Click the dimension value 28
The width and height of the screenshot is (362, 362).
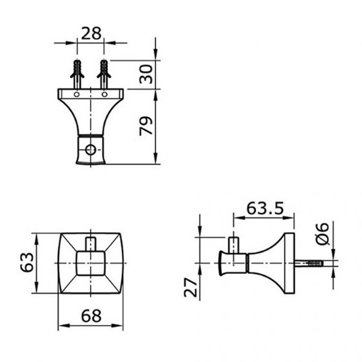(x=91, y=33)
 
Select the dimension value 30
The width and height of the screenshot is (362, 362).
(x=147, y=74)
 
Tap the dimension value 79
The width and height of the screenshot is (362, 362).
(x=147, y=126)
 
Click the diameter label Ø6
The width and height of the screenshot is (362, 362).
(x=322, y=234)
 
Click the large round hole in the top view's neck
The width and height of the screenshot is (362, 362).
(x=90, y=150)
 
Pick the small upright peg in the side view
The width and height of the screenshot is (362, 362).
(x=234, y=245)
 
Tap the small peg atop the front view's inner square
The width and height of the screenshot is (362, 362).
(x=90, y=244)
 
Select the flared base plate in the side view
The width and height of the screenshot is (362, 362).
(x=285, y=262)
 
